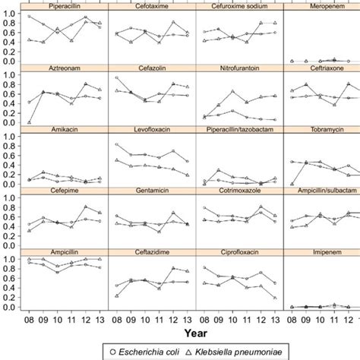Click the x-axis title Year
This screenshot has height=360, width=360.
196,332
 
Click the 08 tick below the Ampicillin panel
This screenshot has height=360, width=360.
29,318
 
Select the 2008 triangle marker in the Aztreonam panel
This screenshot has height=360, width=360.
29,122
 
